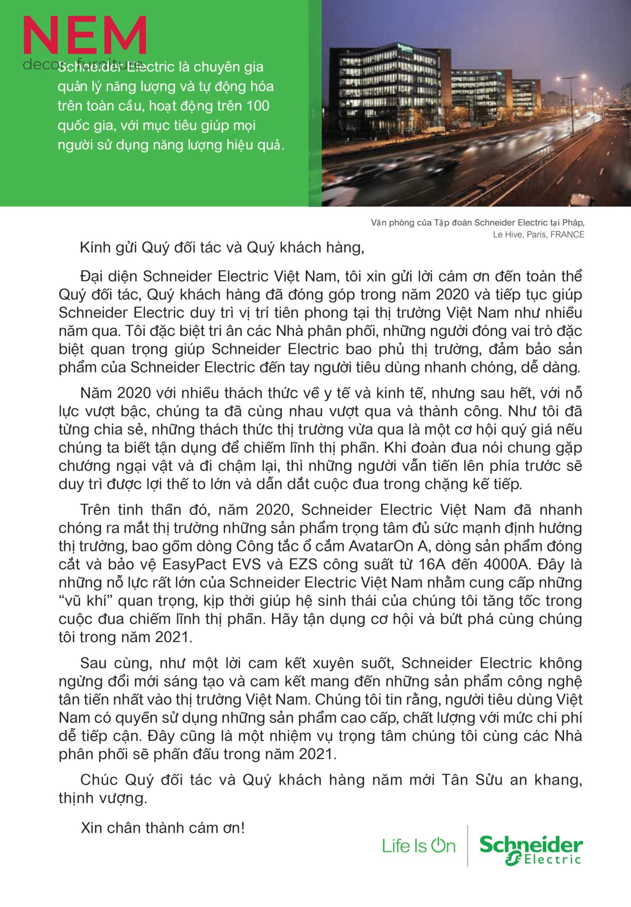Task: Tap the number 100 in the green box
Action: (258, 106)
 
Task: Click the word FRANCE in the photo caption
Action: (567, 234)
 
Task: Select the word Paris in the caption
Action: (536, 234)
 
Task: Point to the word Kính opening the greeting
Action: (95, 248)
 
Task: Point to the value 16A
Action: (431, 564)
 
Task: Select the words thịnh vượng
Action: (103, 798)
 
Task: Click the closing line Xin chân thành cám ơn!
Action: (162, 828)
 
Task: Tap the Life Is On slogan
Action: (419, 846)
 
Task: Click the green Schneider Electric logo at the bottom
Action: (531, 850)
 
